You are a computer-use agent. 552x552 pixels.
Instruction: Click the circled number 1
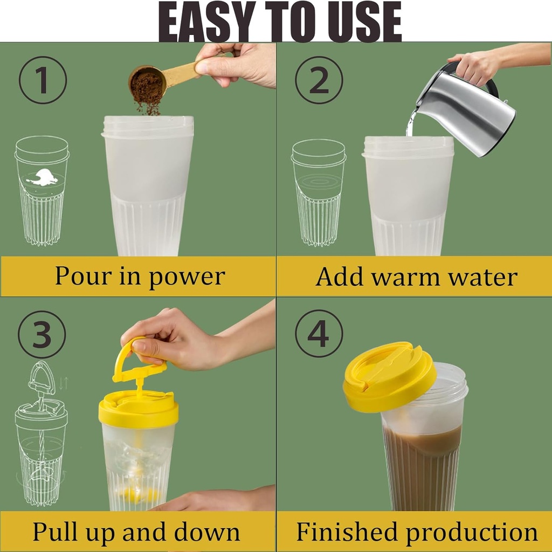43,80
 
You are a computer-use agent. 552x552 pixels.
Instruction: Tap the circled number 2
319,80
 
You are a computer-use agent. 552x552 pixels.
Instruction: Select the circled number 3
42,334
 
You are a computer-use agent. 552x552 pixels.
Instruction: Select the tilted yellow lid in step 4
389,376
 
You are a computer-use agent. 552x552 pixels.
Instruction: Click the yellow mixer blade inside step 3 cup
138,493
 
